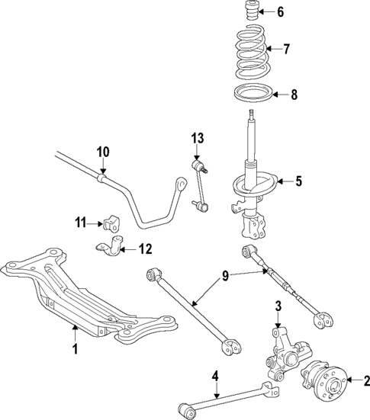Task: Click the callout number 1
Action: tap(75, 350)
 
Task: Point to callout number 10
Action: tap(103, 152)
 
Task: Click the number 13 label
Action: tap(198, 138)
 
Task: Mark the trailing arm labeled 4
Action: tap(229, 393)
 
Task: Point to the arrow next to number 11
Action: tap(98, 223)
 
